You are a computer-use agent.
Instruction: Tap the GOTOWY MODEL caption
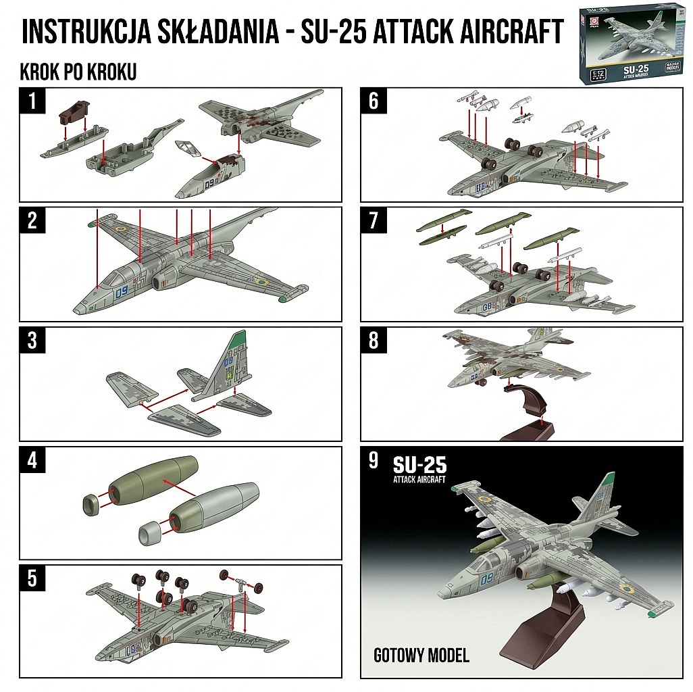tap(421, 654)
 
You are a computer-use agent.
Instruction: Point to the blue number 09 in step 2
tap(122, 293)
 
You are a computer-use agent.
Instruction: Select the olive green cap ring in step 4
tap(92, 503)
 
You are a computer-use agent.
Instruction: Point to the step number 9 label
tap(374, 461)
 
